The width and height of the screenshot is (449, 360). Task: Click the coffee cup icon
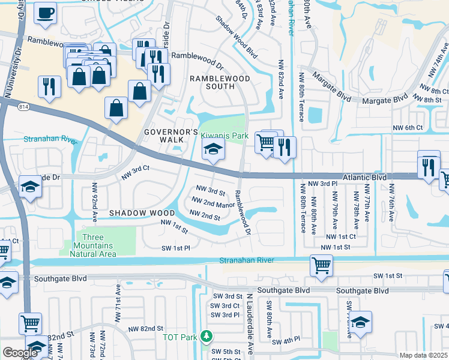45,14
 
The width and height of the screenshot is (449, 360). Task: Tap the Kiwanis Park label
224,136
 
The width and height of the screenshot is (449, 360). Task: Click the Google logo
20,353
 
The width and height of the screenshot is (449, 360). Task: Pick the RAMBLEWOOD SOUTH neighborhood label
212,82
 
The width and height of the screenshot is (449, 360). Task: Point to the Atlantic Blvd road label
365,178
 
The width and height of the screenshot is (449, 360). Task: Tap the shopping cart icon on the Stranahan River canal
321,265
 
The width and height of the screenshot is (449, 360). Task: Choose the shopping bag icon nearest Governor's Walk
116,109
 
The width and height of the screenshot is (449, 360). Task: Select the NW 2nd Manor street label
212,204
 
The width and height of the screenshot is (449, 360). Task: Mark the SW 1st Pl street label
175,248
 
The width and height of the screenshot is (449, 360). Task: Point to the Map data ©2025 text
423,355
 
